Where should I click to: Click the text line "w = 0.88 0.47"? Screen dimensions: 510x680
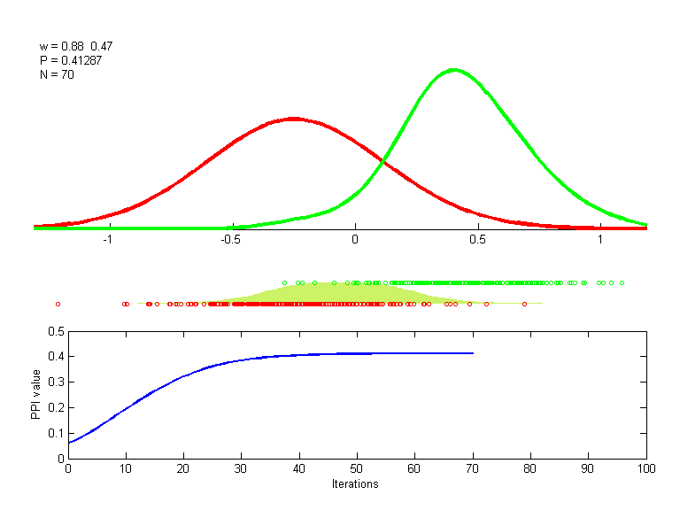(76, 46)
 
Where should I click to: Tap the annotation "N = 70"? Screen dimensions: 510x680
(57, 74)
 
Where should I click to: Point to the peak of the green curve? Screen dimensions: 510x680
(454, 69)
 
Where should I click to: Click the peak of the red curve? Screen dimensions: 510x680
(293, 118)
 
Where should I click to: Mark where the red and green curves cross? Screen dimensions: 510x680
(382, 162)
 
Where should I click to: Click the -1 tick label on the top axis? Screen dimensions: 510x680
(108, 239)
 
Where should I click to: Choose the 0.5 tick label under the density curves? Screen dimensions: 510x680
(477, 239)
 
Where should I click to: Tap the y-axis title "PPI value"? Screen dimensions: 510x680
(36, 395)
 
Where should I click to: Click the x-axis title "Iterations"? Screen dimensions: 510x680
(355, 484)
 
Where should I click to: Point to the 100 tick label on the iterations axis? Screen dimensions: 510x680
(646, 469)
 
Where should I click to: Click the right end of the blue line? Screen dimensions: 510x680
(473, 353)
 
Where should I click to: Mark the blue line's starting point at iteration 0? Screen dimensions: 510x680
(68, 443)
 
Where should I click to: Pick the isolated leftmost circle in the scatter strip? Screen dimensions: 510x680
(58, 304)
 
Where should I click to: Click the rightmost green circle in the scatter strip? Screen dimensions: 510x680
(622, 282)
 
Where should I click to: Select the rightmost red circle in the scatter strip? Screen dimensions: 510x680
(524, 304)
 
